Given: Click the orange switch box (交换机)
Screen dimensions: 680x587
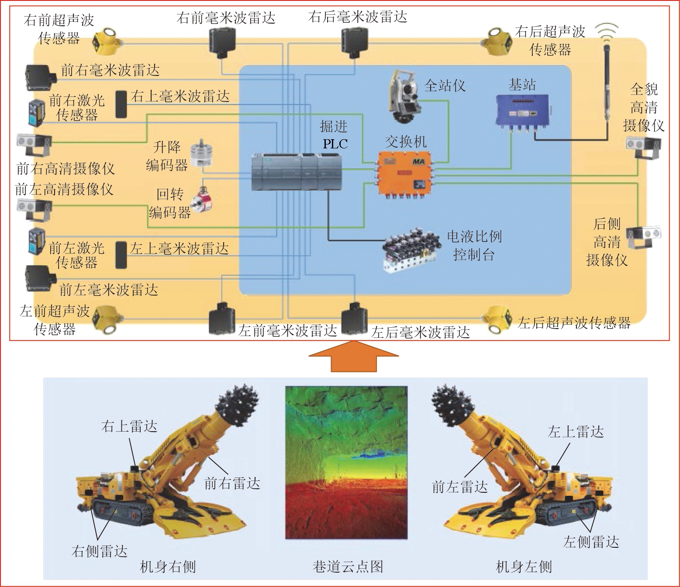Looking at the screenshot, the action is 404,174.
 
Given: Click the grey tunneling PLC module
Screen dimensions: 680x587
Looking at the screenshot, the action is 297,172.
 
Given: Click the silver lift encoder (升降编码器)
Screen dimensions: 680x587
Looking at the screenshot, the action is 201,154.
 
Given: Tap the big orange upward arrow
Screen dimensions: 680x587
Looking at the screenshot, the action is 354,356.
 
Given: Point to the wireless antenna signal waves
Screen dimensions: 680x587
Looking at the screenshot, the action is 608,30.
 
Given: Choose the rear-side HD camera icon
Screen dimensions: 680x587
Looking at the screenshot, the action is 643,237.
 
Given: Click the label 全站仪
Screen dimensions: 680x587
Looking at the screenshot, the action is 445,86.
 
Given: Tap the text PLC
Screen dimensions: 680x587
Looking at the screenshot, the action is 335,144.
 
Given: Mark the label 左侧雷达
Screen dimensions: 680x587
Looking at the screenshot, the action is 591,542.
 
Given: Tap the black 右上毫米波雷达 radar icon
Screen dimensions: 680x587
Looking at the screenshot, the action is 121,104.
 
